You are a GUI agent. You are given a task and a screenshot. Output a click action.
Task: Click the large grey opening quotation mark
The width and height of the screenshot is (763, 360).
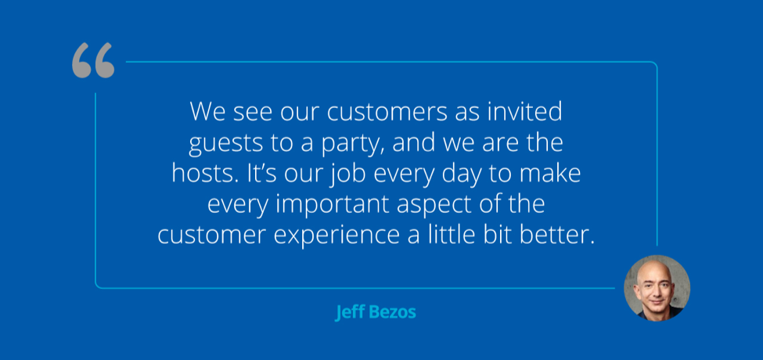click(93, 61)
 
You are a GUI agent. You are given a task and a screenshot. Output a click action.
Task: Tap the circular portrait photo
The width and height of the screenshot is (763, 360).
click(657, 288)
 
